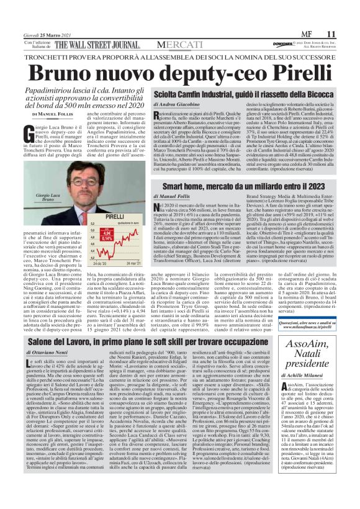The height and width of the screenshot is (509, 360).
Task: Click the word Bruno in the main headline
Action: pos(68,73)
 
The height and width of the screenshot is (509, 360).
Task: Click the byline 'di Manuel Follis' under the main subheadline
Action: pos(56,114)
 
